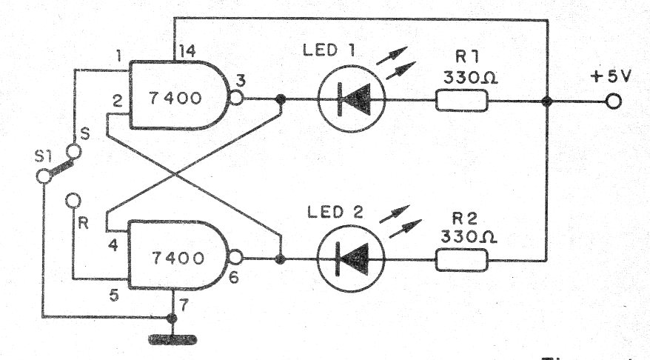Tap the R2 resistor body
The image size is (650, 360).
pyautogui.click(x=462, y=259)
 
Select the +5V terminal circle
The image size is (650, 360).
pyautogui.click(x=612, y=101)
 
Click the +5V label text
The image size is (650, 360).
pyautogui.click(x=611, y=77)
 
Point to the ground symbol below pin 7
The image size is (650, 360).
pyautogui.click(x=172, y=339)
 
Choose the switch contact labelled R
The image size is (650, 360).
pyautogui.click(x=72, y=199)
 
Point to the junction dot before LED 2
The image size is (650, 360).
pyautogui.click(x=280, y=259)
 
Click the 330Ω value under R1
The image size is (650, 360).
pyautogui.click(x=464, y=76)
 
